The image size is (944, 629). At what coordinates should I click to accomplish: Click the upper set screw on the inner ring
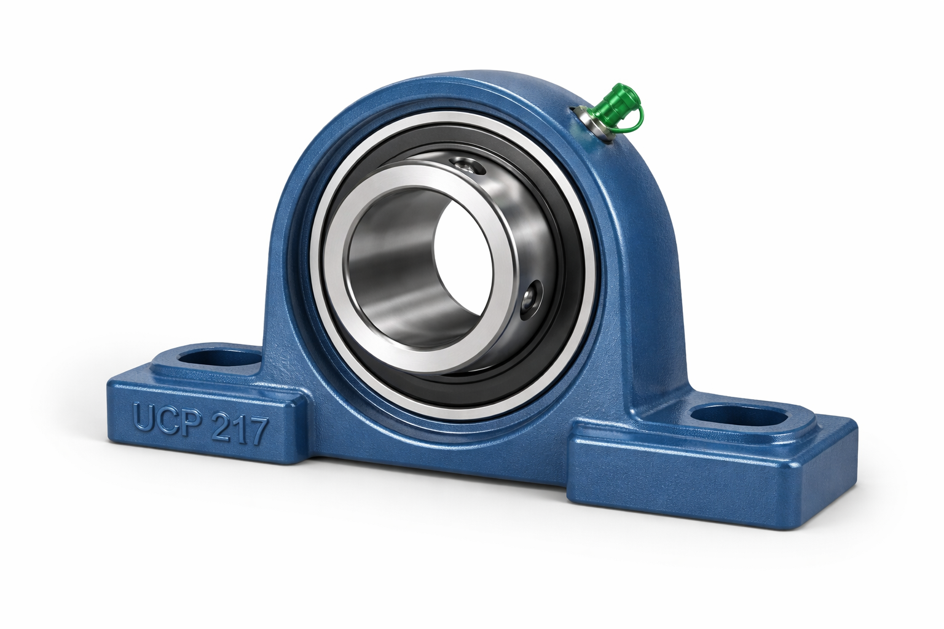point(466,164)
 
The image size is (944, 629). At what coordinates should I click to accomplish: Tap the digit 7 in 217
point(257,432)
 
